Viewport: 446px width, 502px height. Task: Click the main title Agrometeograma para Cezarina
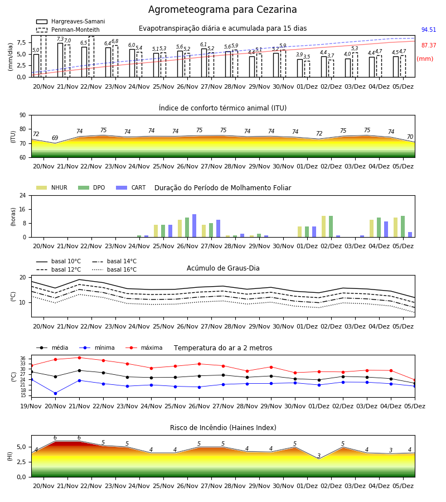(222, 9)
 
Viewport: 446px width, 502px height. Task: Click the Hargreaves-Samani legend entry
(70, 21)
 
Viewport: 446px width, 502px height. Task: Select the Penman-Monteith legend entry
(68, 30)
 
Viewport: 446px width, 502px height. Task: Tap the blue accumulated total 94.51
(429, 30)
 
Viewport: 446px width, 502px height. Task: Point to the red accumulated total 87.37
(429, 46)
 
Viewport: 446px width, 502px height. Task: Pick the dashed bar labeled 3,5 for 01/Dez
(307, 69)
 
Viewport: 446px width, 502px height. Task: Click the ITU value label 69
(55, 138)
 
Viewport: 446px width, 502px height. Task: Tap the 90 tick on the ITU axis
(23, 115)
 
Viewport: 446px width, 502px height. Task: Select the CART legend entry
(131, 187)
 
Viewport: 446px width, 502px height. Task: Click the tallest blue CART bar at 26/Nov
(194, 226)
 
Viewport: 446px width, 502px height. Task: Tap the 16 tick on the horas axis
(23, 209)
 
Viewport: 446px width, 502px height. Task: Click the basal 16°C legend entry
(114, 269)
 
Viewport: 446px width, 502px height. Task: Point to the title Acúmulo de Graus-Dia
(223, 268)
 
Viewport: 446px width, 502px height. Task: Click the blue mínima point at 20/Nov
(55, 393)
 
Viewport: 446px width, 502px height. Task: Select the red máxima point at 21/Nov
(79, 358)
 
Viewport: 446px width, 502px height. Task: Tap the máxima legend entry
(144, 347)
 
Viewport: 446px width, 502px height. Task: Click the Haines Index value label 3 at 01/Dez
(319, 456)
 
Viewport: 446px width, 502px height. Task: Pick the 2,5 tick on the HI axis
(21, 462)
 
